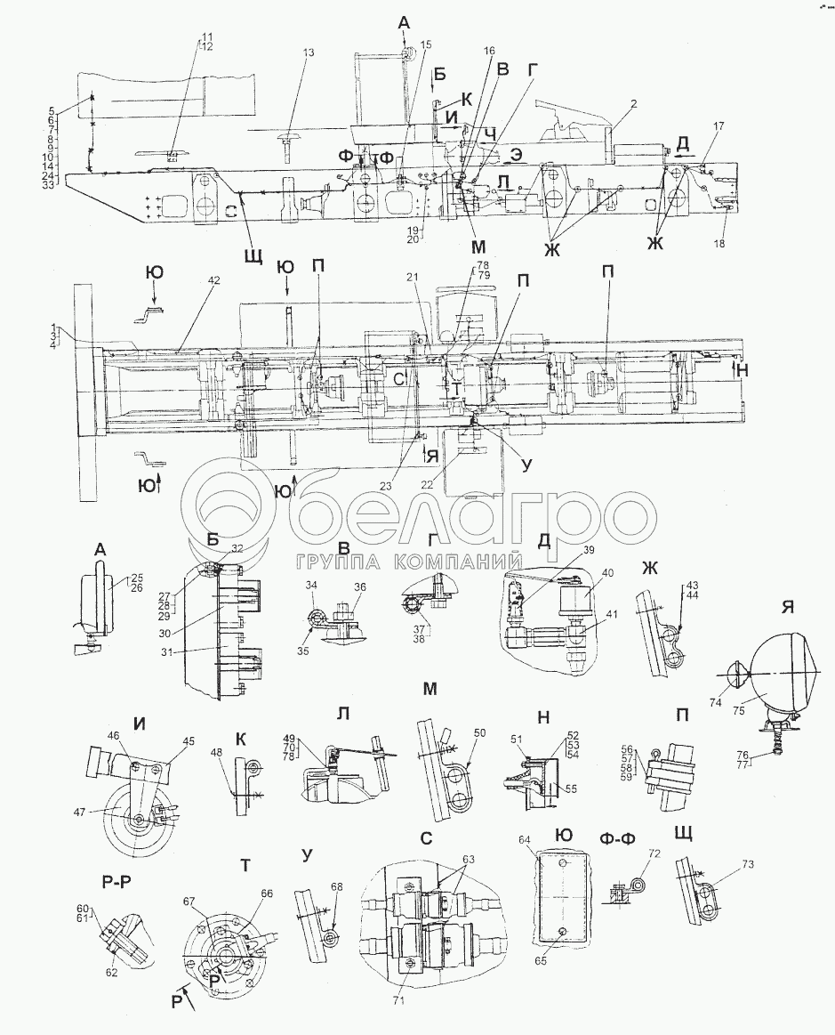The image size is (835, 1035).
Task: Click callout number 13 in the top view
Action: click(309, 53)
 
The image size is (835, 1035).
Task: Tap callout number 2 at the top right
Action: click(633, 104)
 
